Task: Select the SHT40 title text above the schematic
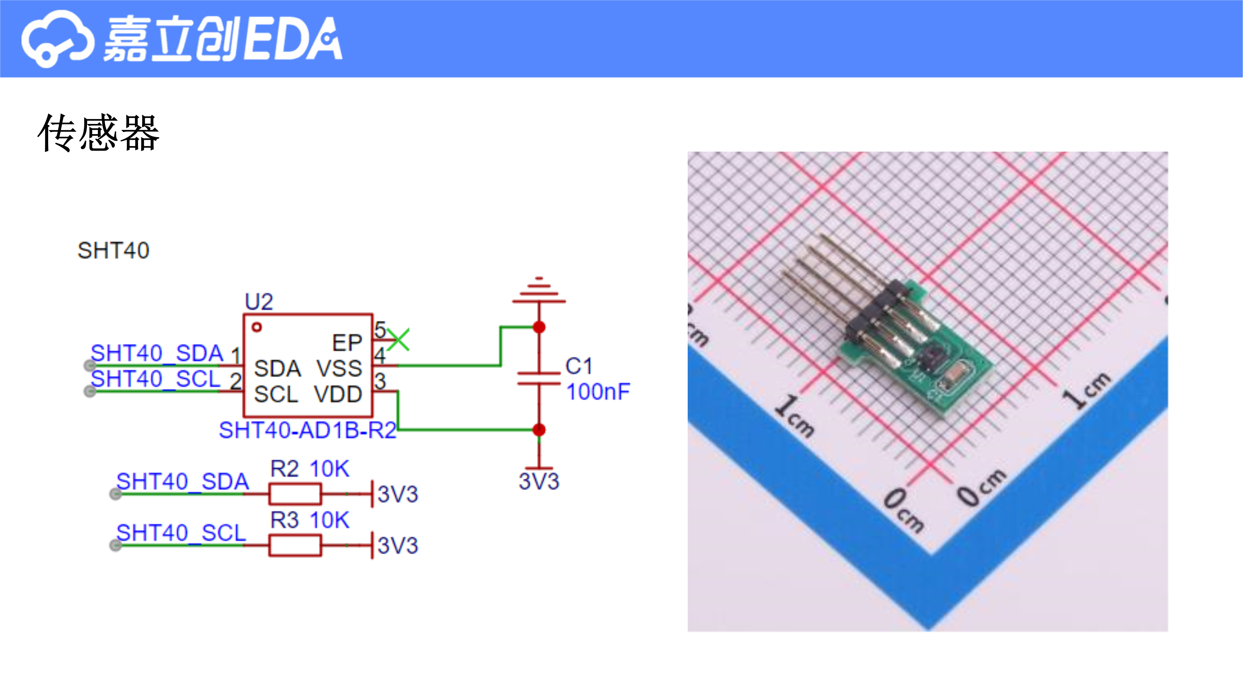[x=113, y=250]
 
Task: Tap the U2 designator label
[x=259, y=302]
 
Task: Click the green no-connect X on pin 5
[x=398, y=340]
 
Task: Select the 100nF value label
[x=598, y=392]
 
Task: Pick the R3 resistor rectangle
[x=295, y=546]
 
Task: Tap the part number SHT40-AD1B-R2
[x=307, y=430]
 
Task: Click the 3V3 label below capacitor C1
[x=539, y=482]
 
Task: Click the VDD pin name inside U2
[x=338, y=395]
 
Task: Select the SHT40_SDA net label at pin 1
[x=157, y=353]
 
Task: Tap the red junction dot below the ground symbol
[x=539, y=327]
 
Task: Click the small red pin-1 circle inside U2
[x=257, y=327]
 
